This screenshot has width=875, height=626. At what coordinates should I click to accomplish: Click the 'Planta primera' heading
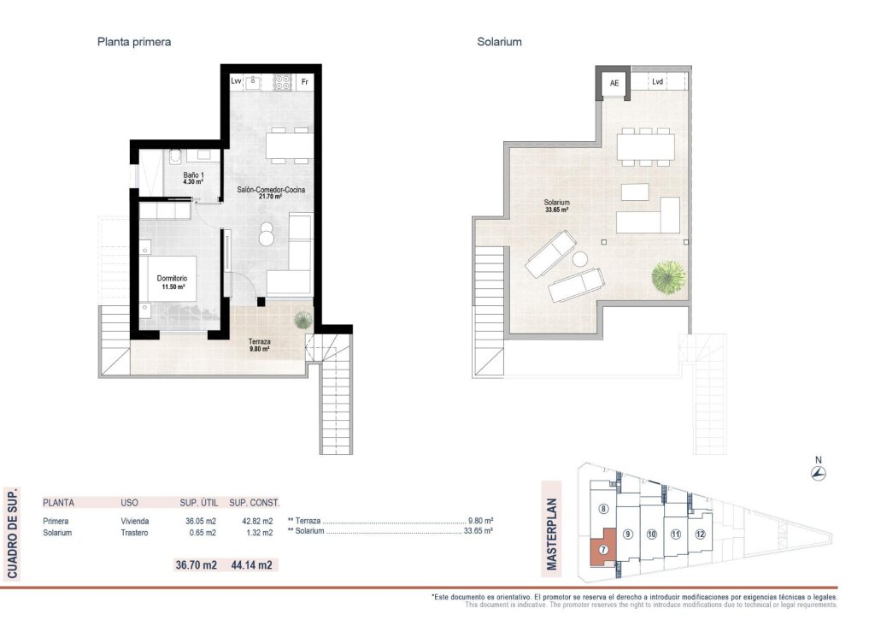point(134,41)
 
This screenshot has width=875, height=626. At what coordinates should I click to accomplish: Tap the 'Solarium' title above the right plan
point(499,41)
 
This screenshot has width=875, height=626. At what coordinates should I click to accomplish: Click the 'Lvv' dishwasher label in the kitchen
point(237,82)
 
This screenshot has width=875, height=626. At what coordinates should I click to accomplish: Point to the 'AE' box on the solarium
point(614,83)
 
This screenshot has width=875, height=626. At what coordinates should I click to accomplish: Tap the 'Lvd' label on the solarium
point(657,82)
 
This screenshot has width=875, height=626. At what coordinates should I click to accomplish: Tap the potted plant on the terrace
point(302,320)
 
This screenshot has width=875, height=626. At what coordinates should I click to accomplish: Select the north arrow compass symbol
point(818,473)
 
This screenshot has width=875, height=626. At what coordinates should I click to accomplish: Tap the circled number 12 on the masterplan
point(700,534)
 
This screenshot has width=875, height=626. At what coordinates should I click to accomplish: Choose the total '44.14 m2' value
point(251,564)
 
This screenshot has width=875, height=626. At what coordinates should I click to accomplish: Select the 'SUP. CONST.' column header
point(255,503)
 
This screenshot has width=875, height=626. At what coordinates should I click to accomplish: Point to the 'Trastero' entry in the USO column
point(134,533)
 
